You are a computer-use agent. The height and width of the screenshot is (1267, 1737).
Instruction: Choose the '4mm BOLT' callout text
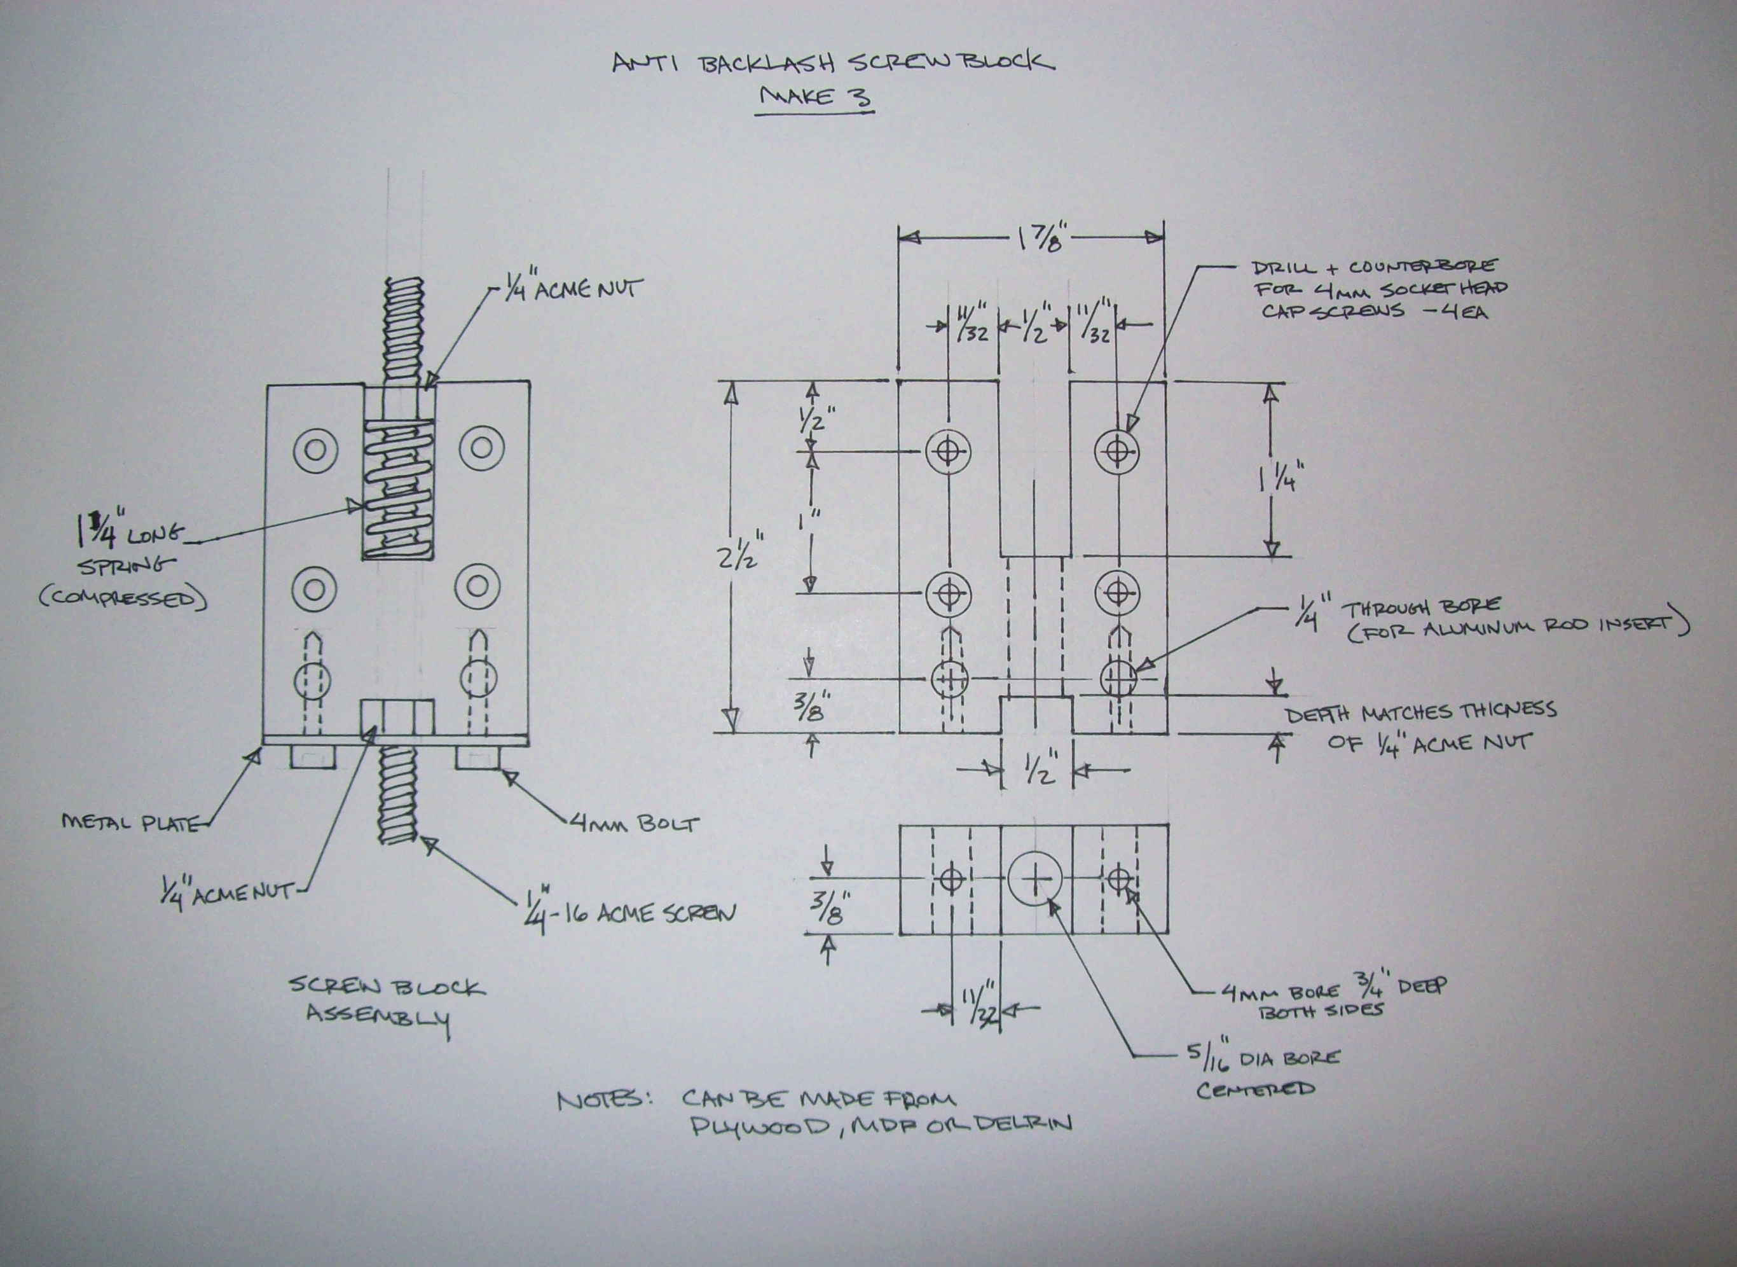[x=635, y=824]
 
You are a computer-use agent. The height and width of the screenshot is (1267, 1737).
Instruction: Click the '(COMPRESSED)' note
[x=123, y=599]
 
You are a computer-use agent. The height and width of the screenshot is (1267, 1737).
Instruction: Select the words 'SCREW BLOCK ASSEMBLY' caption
[x=387, y=1005]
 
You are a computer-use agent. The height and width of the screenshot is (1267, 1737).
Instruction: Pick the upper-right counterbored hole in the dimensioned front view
[x=1116, y=451]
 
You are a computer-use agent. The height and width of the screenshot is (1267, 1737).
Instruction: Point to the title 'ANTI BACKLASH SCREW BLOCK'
[x=834, y=61]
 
